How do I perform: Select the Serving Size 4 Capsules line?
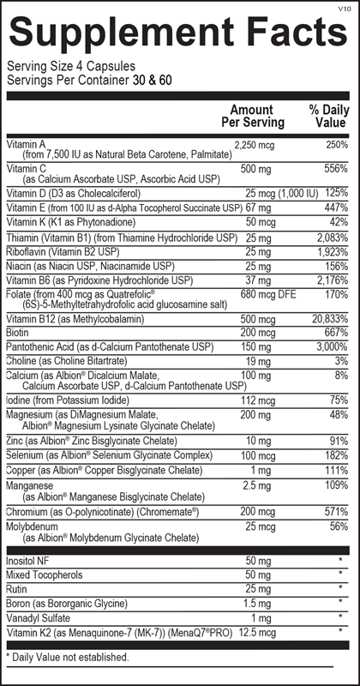tap(62, 67)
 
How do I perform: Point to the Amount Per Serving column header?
tap(252, 116)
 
